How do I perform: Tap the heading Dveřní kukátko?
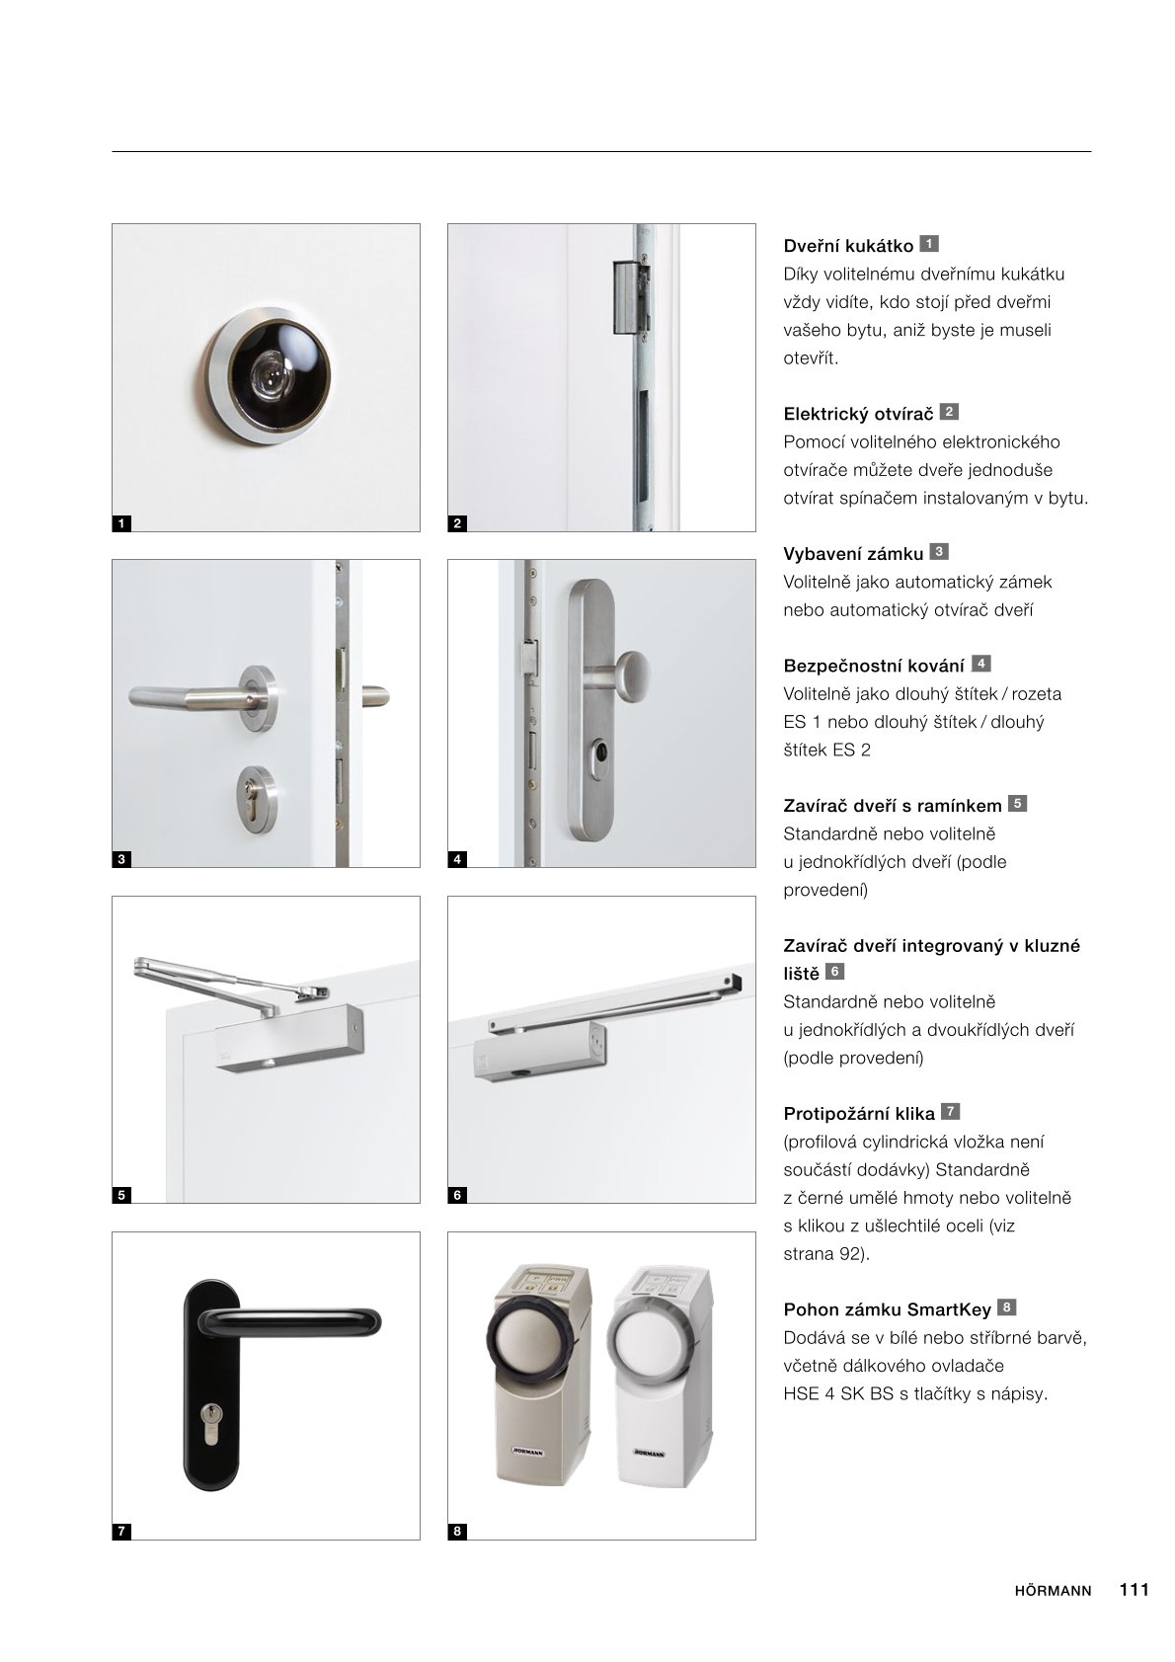pos(848,246)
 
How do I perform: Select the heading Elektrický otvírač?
pos(858,414)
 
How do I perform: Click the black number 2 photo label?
pos(457,523)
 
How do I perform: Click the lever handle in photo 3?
pos(197,691)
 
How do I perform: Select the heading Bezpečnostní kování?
pos(874,666)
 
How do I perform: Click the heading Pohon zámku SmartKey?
pos(887,1310)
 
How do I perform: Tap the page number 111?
pos(1134,1590)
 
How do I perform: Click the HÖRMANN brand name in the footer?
pos(1053,1591)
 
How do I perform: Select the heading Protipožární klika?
pos(859,1114)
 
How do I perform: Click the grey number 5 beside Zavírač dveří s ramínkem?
pos(1018,804)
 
